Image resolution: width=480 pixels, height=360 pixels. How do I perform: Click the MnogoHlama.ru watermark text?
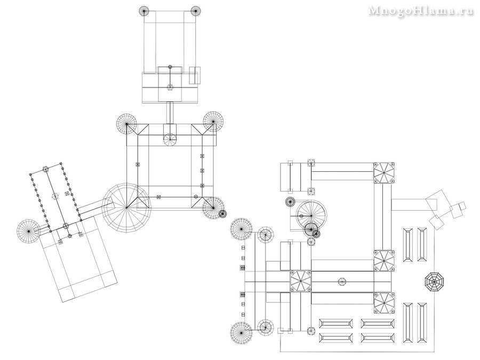(x=421, y=11)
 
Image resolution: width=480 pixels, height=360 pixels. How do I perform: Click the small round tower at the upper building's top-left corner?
(x=144, y=11)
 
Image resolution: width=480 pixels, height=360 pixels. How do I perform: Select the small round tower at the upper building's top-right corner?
(x=195, y=11)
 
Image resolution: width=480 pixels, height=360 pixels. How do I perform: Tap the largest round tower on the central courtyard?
(x=126, y=208)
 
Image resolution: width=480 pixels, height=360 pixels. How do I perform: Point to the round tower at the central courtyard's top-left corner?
(x=126, y=124)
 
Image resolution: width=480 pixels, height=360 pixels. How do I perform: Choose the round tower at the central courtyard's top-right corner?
(x=213, y=122)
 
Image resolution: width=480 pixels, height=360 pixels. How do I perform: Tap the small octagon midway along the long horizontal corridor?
(x=342, y=281)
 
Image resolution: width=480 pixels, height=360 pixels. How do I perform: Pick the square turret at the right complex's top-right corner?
(x=383, y=173)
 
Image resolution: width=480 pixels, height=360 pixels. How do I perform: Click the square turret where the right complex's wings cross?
(x=301, y=281)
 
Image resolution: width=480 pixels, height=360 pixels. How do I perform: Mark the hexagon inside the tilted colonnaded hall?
(x=55, y=196)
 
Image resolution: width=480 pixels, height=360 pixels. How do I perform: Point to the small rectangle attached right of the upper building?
(x=195, y=75)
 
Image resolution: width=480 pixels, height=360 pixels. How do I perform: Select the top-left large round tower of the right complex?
(x=241, y=229)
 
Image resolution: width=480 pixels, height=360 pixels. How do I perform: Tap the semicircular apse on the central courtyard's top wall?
(x=170, y=140)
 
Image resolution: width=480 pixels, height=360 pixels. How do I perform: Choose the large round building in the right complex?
(x=311, y=215)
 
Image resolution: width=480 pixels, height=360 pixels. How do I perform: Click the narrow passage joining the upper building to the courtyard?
(x=170, y=113)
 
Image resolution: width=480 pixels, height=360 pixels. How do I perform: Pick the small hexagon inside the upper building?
(x=170, y=87)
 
